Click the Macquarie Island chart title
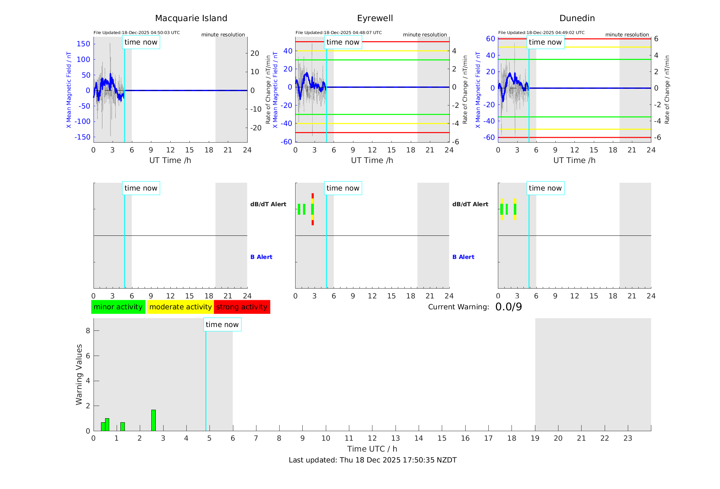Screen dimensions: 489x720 pos(191,18)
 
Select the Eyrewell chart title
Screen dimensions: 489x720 pos(375,18)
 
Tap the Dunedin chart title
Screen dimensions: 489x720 pos(577,18)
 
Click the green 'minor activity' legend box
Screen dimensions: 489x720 pos(118,307)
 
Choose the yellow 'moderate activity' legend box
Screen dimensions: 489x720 pos(180,307)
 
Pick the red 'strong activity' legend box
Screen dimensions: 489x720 pos(242,307)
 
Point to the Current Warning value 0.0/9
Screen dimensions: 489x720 pos(508,307)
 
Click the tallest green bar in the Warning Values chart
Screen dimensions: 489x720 pos(153,420)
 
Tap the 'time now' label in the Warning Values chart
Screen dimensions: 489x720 pos(222,325)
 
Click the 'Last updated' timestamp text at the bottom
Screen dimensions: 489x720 pos(372,460)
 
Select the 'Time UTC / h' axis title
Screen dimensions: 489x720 pos(372,449)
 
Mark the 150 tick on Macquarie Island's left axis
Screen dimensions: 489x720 pos(83,44)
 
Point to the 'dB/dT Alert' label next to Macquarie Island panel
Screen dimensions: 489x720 pos(268,204)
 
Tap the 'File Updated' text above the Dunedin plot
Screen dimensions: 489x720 pos(541,33)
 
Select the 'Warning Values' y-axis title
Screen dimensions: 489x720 pos(79,374)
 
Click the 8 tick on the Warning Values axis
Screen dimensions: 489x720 pos(88,330)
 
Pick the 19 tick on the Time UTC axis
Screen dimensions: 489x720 pos(535,438)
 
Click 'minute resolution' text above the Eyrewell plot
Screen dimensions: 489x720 pos(425,35)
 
